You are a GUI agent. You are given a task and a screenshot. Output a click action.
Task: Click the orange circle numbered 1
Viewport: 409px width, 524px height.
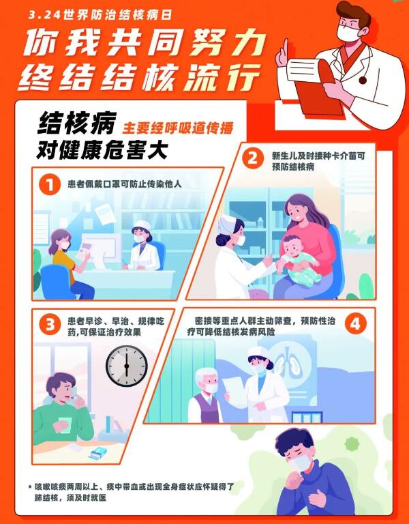(50, 184)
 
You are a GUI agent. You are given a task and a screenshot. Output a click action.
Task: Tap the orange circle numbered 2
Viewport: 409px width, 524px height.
(253, 158)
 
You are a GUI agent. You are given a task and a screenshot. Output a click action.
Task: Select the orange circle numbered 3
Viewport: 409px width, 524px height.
(50, 324)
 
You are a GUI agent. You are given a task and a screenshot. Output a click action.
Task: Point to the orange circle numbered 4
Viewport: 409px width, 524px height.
(355, 324)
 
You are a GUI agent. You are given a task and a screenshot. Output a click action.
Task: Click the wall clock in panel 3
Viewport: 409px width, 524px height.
(127, 366)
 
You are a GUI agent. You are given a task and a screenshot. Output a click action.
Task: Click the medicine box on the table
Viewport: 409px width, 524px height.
(98, 454)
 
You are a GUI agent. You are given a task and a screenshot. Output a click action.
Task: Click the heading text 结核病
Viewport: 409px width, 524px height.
(76, 123)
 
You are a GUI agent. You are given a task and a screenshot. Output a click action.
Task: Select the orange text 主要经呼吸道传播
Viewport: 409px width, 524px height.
(178, 128)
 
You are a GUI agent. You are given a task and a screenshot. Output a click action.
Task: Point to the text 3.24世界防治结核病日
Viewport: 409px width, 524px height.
(100, 16)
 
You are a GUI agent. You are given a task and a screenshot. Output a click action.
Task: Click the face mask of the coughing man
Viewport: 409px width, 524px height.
(300, 462)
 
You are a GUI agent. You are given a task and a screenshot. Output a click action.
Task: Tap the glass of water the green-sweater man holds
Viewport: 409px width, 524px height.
(65, 425)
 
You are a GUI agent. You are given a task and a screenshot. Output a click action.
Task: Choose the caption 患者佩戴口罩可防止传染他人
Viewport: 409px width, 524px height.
(125, 184)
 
